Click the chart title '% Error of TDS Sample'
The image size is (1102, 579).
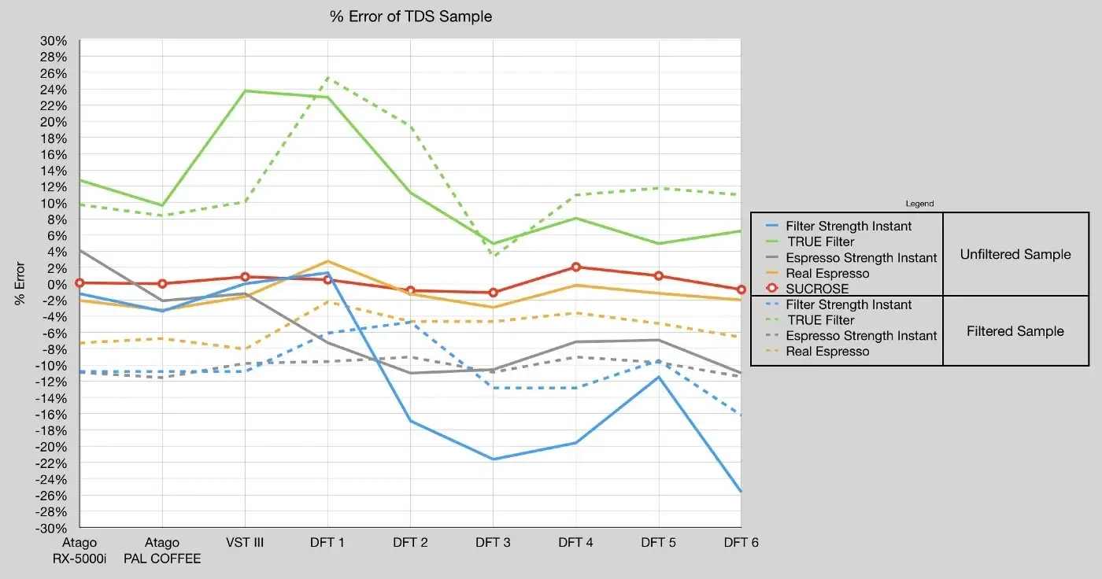[x=411, y=17]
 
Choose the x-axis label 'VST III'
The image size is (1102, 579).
[x=244, y=543]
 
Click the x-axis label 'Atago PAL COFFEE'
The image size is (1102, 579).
[x=162, y=551]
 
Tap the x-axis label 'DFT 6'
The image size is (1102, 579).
[x=741, y=543]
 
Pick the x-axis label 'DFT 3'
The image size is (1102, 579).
[x=493, y=543]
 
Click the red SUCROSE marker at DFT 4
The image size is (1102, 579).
[x=575, y=267]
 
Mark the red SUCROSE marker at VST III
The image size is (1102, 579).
[x=245, y=277]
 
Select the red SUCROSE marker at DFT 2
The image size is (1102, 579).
[x=410, y=291]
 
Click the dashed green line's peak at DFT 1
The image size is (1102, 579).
[x=327, y=78]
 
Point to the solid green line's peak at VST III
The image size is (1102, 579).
[x=245, y=90]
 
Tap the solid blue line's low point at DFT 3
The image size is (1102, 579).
[x=493, y=459]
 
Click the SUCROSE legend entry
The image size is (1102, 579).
[x=817, y=289]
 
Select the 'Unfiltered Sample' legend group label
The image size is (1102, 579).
[x=1015, y=254]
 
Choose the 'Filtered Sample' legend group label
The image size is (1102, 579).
[x=1015, y=331]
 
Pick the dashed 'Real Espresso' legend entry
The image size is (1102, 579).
[x=827, y=352]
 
